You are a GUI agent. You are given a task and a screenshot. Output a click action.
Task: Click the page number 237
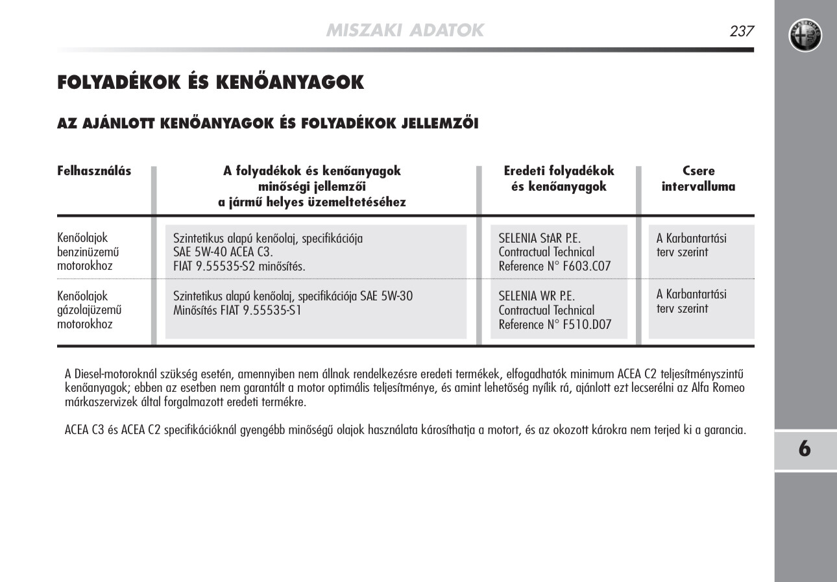[x=741, y=30]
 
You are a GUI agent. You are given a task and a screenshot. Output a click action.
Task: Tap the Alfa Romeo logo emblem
[x=805, y=35]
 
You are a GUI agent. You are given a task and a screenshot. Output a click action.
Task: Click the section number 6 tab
[x=805, y=449]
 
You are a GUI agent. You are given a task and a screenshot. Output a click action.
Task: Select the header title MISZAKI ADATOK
[x=405, y=30]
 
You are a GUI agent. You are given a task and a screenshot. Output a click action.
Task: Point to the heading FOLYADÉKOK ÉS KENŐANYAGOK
[x=211, y=82]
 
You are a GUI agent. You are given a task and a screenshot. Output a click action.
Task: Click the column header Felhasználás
[x=94, y=171]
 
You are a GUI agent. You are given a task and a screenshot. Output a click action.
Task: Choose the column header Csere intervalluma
[x=698, y=179]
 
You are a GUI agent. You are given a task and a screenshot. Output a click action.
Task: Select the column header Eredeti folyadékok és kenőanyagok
[x=559, y=179]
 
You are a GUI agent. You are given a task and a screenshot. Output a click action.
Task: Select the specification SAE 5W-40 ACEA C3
[x=223, y=252]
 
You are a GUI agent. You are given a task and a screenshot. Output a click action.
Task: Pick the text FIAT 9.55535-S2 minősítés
[x=239, y=267]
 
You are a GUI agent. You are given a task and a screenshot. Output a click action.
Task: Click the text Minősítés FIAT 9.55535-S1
[x=237, y=311]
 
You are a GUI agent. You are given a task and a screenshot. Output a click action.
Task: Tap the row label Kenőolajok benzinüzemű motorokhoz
[x=89, y=252]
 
